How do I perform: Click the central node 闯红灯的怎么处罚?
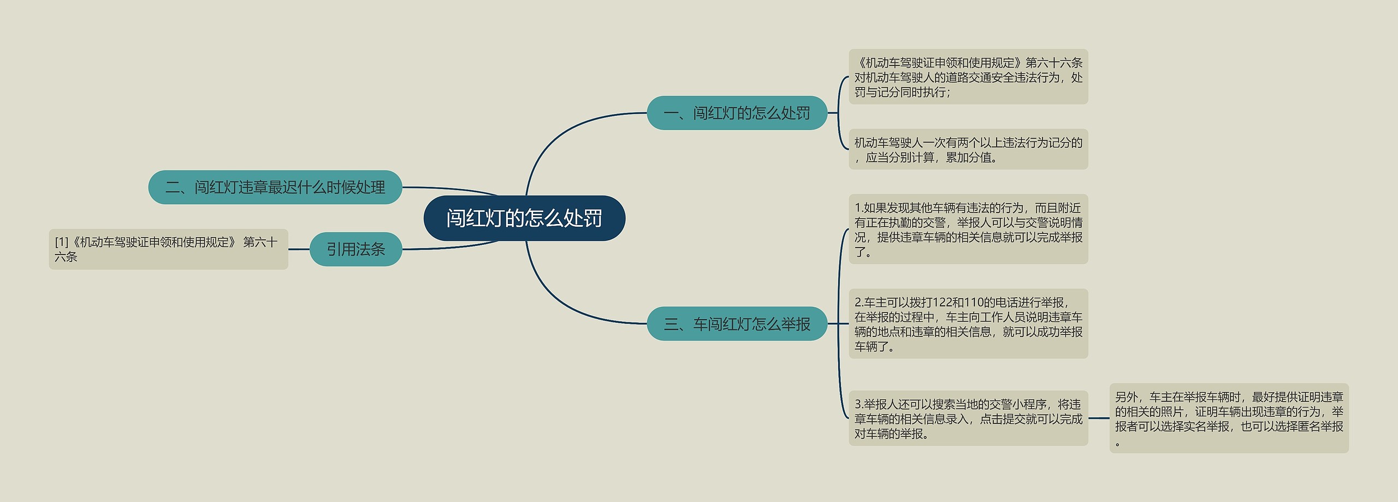pos(524,218)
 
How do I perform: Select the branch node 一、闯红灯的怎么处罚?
pos(737,113)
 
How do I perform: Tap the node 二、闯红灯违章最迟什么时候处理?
pos(275,187)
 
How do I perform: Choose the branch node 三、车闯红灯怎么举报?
pos(737,324)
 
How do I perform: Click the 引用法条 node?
pos(356,249)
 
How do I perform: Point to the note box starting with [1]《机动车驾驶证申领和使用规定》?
pos(168,249)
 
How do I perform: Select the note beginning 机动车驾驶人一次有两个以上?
pos(968,150)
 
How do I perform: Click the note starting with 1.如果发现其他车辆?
pos(968,229)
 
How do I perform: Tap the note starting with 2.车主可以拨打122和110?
pos(968,324)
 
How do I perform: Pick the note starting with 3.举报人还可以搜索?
pos(968,418)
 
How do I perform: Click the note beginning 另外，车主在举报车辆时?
pos(1229,418)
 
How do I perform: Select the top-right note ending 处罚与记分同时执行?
pos(968,77)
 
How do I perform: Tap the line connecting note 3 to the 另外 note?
pos(1099,418)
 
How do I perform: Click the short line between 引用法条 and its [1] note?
pos(299,249)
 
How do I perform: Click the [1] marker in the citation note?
pos(61,242)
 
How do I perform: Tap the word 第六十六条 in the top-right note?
pos(1053,63)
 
